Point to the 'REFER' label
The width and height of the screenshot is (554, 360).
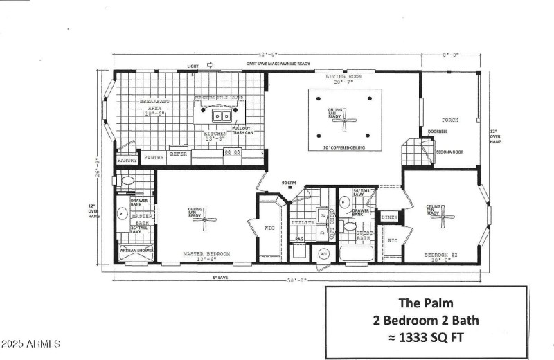179,154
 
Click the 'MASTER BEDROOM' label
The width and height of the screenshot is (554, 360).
206,255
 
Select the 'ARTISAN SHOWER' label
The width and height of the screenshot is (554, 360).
136,249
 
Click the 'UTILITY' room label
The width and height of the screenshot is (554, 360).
303,223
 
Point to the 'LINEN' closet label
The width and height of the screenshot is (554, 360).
390,218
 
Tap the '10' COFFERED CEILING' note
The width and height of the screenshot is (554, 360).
344,148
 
